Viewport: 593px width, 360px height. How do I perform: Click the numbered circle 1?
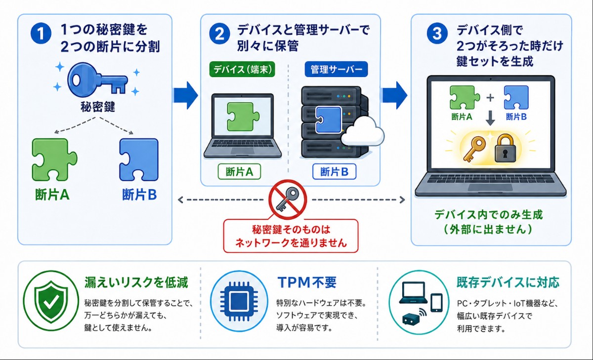point(41,33)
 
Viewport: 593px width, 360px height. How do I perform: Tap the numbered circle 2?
point(219,34)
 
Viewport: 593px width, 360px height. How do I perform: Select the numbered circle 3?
point(437,34)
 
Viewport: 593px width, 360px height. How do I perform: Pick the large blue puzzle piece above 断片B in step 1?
point(139,160)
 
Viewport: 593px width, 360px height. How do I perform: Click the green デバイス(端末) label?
point(242,69)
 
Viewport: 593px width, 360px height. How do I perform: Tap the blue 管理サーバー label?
point(336,69)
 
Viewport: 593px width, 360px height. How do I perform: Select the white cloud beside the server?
point(363,131)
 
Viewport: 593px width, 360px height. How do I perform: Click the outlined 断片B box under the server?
point(334,172)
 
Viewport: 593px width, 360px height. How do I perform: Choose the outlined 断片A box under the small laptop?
point(239,172)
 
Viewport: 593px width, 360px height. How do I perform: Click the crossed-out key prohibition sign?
point(288,200)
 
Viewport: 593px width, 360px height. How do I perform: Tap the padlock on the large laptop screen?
point(506,148)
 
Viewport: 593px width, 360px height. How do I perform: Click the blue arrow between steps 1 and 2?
point(186,95)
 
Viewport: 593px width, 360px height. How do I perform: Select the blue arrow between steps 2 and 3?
point(394,95)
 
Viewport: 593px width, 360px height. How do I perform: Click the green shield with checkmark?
point(51,301)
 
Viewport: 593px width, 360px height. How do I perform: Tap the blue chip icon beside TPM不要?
point(239,301)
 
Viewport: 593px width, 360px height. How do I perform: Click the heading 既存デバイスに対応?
point(508,282)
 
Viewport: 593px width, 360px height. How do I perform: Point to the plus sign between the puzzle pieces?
point(490,98)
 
